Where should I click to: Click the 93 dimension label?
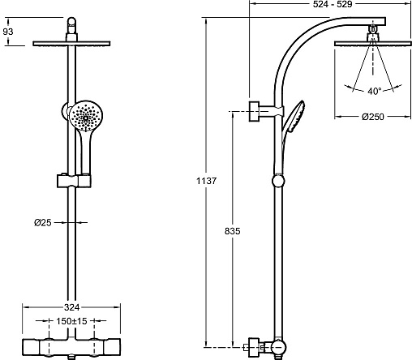(8, 32)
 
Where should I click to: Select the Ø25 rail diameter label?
(42, 223)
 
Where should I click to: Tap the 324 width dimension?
(71, 307)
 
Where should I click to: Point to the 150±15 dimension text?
(71, 321)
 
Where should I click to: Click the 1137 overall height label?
(206, 181)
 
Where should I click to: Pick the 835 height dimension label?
(232, 231)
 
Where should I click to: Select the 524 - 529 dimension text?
(333, 4)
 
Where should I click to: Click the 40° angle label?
(375, 92)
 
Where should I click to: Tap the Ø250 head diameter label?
(373, 117)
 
